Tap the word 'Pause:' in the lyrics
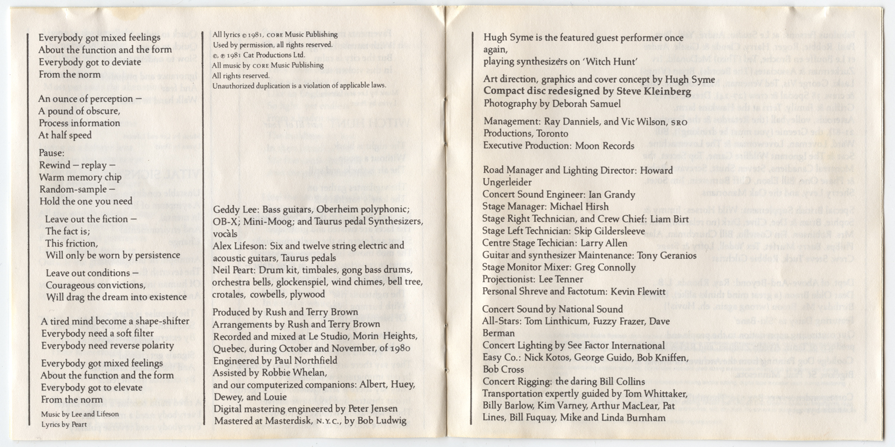pos(52,153)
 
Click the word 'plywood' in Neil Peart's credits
pos(306,294)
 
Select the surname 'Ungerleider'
pos(507,182)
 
